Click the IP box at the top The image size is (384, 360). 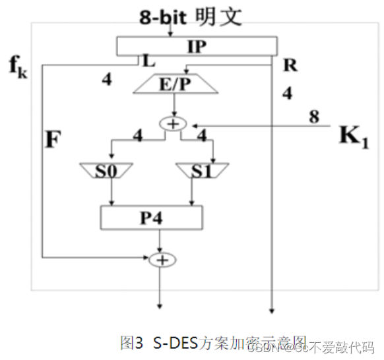coord(196,45)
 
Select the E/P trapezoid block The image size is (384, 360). coord(174,84)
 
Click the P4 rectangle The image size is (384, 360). coord(151,217)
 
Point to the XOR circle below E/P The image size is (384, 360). coord(175,124)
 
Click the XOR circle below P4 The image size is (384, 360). coord(159,260)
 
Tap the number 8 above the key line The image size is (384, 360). coord(314,117)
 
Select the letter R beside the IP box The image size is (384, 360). coord(290,64)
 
